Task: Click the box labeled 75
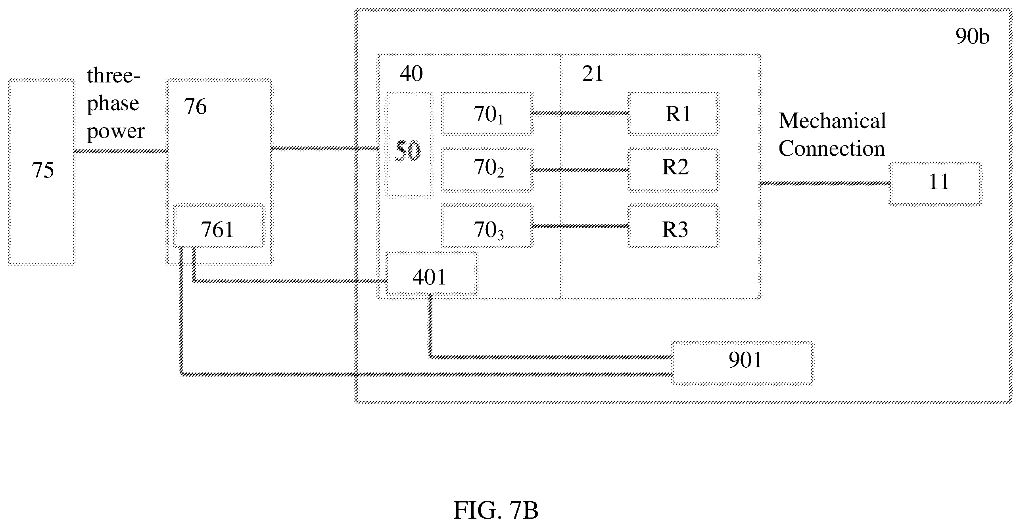click(42, 172)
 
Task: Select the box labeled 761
click(219, 226)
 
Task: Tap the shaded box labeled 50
click(409, 145)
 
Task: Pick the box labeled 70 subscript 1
click(487, 114)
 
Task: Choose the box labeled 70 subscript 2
click(487, 170)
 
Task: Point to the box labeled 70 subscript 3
click(487, 226)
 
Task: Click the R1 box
click(673, 114)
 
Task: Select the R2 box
click(673, 170)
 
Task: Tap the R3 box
click(673, 226)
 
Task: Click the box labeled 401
click(432, 273)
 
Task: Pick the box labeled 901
click(742, 363)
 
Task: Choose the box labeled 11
click(936, 183)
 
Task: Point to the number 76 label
click(195, 107)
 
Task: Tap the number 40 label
click(411, 74)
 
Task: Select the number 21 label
click(593, 74)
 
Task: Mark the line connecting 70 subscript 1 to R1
click(580, 114)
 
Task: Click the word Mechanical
click(832, 121)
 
